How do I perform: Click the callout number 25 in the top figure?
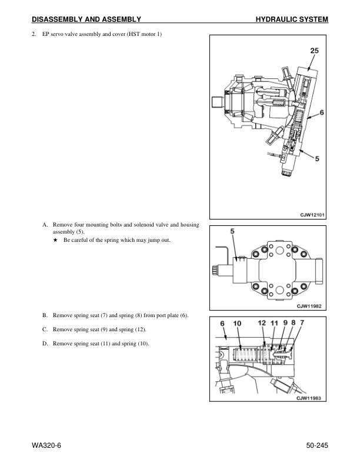click(x=314, y=51)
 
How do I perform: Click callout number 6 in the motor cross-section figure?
click(x=322, y=112)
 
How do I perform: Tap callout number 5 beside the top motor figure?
click(x=317, y=159)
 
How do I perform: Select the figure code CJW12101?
click(x=312, y=215)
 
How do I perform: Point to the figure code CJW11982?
click(x=309, y=306)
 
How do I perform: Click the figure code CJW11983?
click(x=309, y=398)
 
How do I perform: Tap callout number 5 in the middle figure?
click(x=232, y=231)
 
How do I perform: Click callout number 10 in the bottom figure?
click(x=237, y=324)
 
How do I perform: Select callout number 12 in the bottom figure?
click(x=262, y=322)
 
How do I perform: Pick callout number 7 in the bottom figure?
click(x=302, y=322)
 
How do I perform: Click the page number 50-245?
click(x=317, y=445)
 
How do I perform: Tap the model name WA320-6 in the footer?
click(x=46, y=445)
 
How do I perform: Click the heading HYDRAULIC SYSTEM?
click(x=292, y=19)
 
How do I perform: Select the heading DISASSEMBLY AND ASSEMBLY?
click(x=86, y=19)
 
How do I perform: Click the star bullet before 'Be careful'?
click(x=55, y=240)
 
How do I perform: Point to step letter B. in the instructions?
click(x=45, y=315)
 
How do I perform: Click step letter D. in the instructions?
click(x=45, y=344)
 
